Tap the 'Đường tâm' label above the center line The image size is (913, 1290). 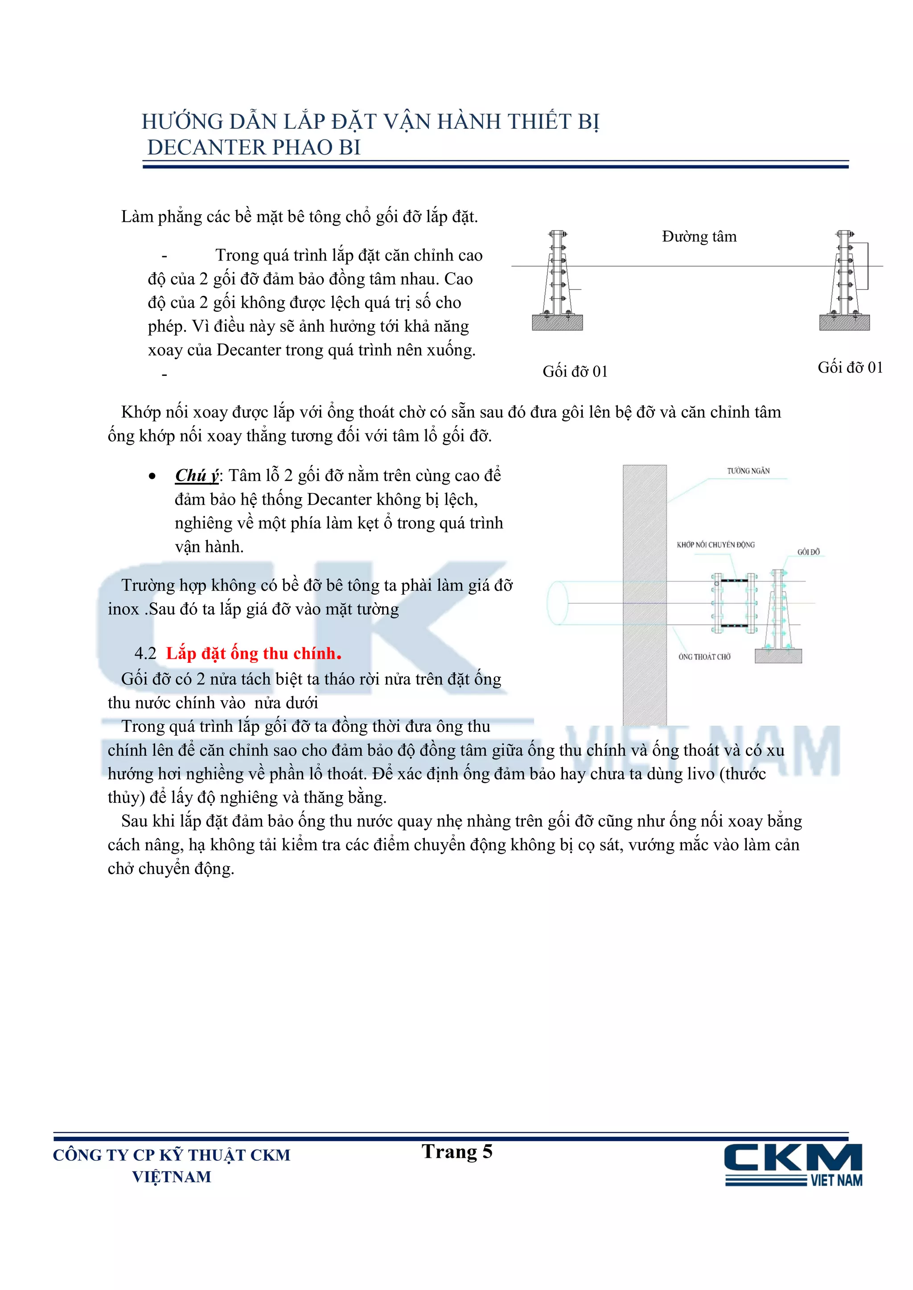point(699,237)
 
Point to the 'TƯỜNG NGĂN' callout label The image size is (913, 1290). point(748,471)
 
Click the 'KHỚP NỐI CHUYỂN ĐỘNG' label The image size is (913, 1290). point(715,544)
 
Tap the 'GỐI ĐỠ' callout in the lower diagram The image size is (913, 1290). point(808,552)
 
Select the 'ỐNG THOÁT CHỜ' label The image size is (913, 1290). point(704,656)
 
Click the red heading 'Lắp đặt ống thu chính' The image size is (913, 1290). point(254,653)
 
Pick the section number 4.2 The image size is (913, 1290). point(145,653)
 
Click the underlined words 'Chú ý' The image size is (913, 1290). point(196,476)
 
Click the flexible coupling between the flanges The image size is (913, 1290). point(734,603)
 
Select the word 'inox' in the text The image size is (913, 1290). point(123,610)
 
